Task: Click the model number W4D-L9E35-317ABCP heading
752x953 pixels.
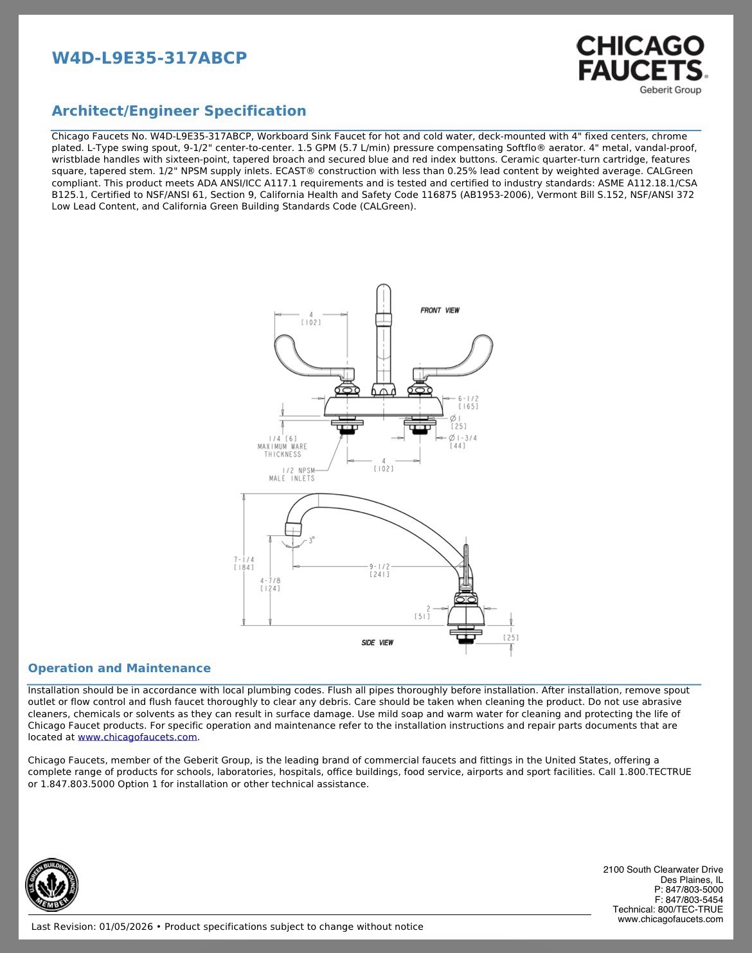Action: click(149, 58)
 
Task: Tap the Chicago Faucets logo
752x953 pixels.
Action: click(641, 65)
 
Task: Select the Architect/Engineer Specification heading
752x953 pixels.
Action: click(179, 111)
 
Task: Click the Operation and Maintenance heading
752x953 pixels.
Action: click(119, 668)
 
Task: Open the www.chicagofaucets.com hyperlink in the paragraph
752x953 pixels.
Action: click(138, 737)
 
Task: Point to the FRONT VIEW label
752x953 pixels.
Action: click(440, 310)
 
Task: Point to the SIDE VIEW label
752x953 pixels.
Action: click(377, 643)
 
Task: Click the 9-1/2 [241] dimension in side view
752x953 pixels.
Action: click(380, 571)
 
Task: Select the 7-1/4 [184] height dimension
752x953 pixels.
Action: click(244, 564)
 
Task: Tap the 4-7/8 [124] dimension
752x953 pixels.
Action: click(270, 585)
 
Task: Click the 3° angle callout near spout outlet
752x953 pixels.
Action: click(312, 540)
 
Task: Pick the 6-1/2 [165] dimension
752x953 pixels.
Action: click(468, 402)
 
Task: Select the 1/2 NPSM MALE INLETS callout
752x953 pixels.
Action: click(292, 475)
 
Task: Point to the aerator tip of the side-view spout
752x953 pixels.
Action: click(292, 529)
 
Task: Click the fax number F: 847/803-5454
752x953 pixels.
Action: click(688, 900)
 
